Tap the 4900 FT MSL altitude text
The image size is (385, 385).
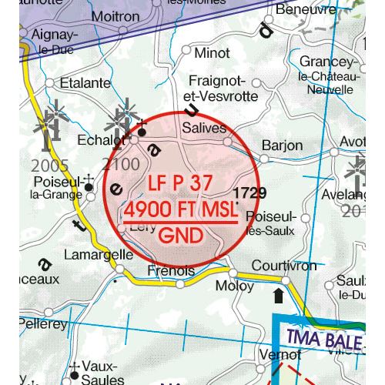(x=181, y=210)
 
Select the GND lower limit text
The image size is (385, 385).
(x=181, y=233)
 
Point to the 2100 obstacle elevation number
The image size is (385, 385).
(x=119, y=164)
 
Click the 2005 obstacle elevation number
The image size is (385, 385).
(x=52, y=166)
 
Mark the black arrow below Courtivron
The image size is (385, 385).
(x=278, y=296)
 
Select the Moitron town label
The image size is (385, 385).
(x=115, y=15)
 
